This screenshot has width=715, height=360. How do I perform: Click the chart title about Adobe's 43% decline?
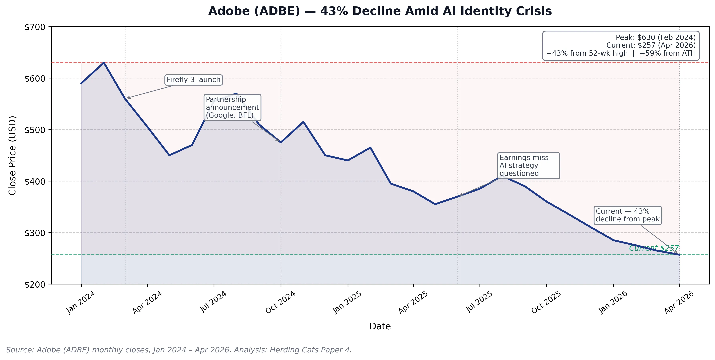click(380, 11)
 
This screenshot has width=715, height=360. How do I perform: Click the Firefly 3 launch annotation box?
click(193, 80)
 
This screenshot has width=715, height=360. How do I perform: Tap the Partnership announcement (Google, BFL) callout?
click(232, 107)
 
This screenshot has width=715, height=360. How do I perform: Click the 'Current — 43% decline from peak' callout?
click(627, 215)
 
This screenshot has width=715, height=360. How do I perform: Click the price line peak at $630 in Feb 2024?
click(104, 63)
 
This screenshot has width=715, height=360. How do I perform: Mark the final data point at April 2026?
click(679, 255)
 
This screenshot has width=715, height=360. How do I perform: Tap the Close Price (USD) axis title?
click(12, 155)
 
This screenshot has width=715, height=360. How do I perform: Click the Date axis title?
click(380, 326)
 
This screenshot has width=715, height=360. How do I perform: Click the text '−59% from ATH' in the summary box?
click(668, 53)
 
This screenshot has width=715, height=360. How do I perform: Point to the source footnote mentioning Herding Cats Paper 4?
click(179, 350)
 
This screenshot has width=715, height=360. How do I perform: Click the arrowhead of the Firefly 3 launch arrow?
click(127, 98)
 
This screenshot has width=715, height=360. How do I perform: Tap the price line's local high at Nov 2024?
click(303, 122)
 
